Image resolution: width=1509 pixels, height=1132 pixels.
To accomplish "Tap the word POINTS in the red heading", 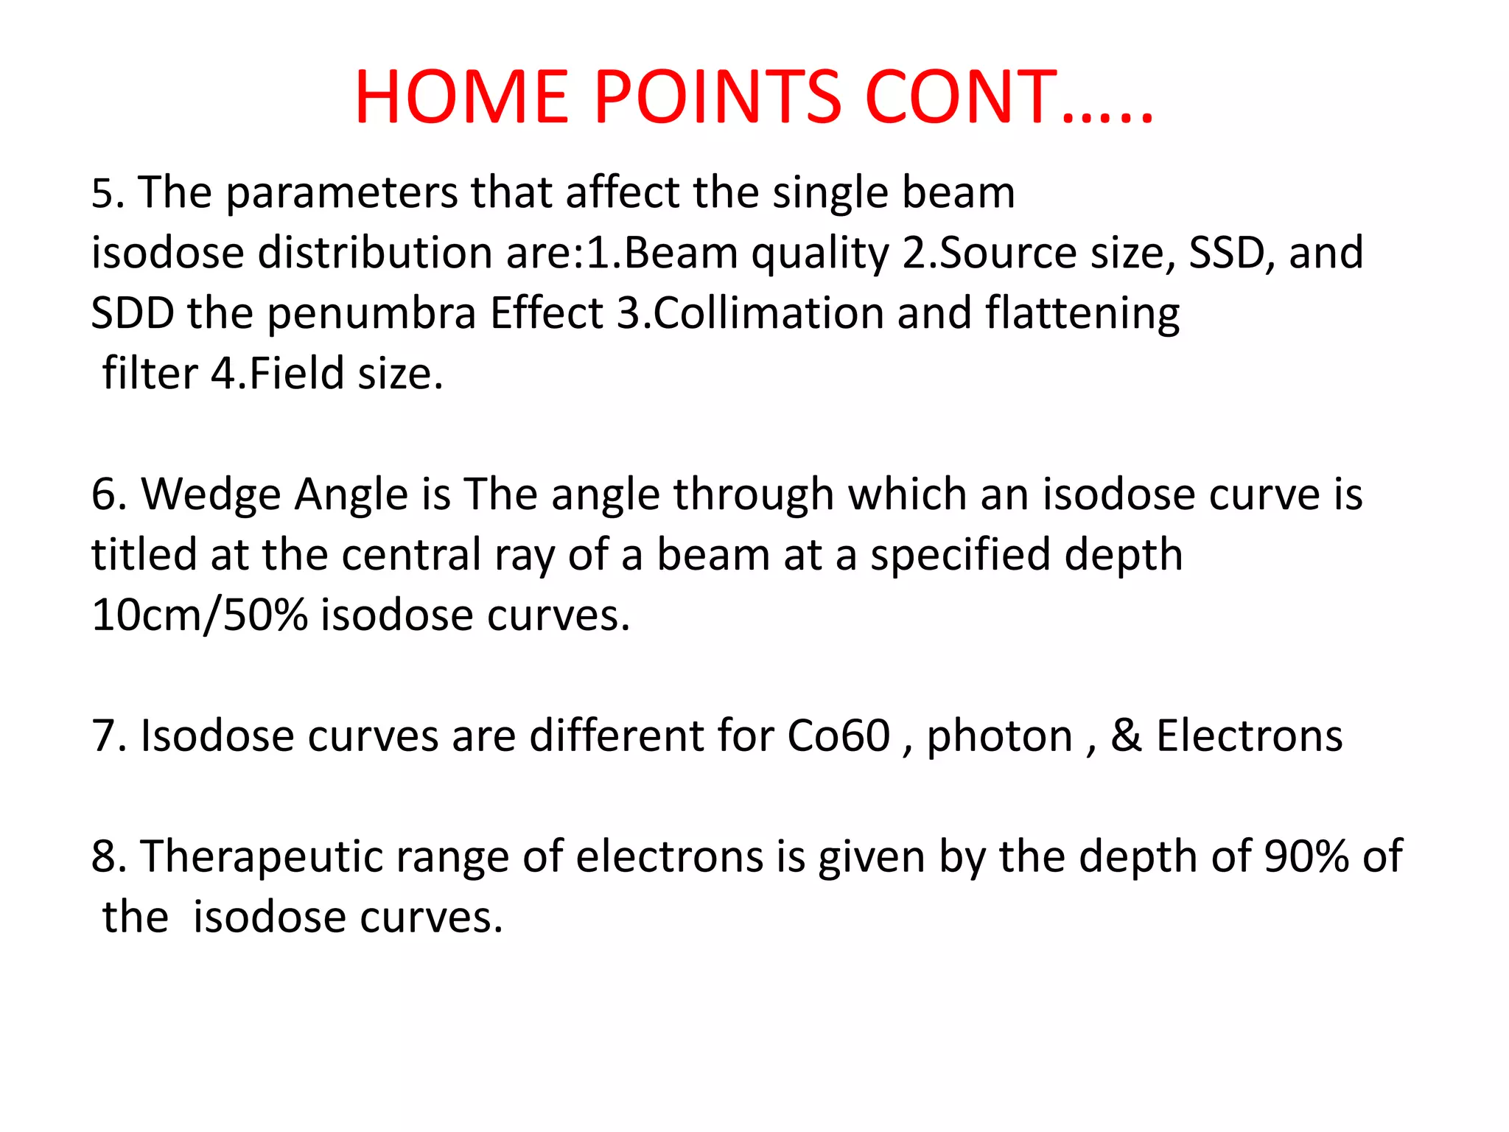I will coord(718,97).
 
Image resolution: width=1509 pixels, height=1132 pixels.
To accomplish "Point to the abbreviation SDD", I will coord(133,313).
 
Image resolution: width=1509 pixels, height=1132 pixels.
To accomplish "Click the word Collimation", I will coord(768,313).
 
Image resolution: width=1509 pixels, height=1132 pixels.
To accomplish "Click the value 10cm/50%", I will coord(200,615).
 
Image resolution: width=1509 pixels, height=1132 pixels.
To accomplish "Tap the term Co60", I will coord(838,736).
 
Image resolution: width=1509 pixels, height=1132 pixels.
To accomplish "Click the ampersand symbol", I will coord(1127,736).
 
